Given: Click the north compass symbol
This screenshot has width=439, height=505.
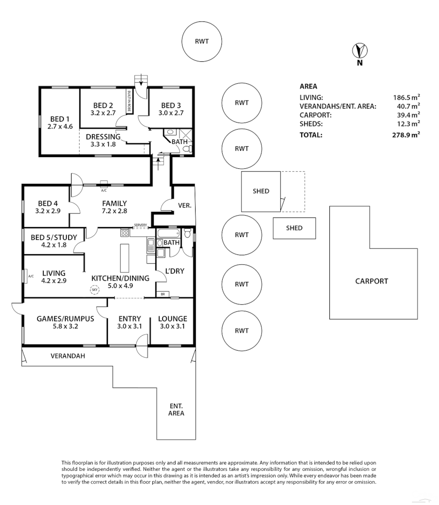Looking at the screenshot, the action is tap(360, 50).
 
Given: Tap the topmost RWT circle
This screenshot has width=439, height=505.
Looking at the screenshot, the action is tap(202, 41).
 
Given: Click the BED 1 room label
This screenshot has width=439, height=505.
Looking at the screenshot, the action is tap(60, 119).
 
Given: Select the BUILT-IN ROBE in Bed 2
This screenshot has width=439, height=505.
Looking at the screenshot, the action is tap(128, 101).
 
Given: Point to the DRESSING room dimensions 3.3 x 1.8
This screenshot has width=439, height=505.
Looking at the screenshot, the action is tap(103, 144).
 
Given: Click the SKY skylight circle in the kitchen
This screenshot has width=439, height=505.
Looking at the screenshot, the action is tap(95, 290).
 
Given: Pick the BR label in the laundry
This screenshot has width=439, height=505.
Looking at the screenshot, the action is tap(163, 294).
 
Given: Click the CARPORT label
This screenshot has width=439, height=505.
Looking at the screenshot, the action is tap(371, 281).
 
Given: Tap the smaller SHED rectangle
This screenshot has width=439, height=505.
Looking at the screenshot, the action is tap(294, 228).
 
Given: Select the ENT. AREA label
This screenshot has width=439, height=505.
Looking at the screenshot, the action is tap(177, 409).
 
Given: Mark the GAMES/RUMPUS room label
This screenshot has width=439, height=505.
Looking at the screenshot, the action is tap(65, 319).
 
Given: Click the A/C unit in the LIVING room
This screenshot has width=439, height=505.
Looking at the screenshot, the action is tap(29, 276).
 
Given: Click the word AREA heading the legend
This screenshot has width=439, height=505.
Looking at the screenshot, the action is tap(308, 86).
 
